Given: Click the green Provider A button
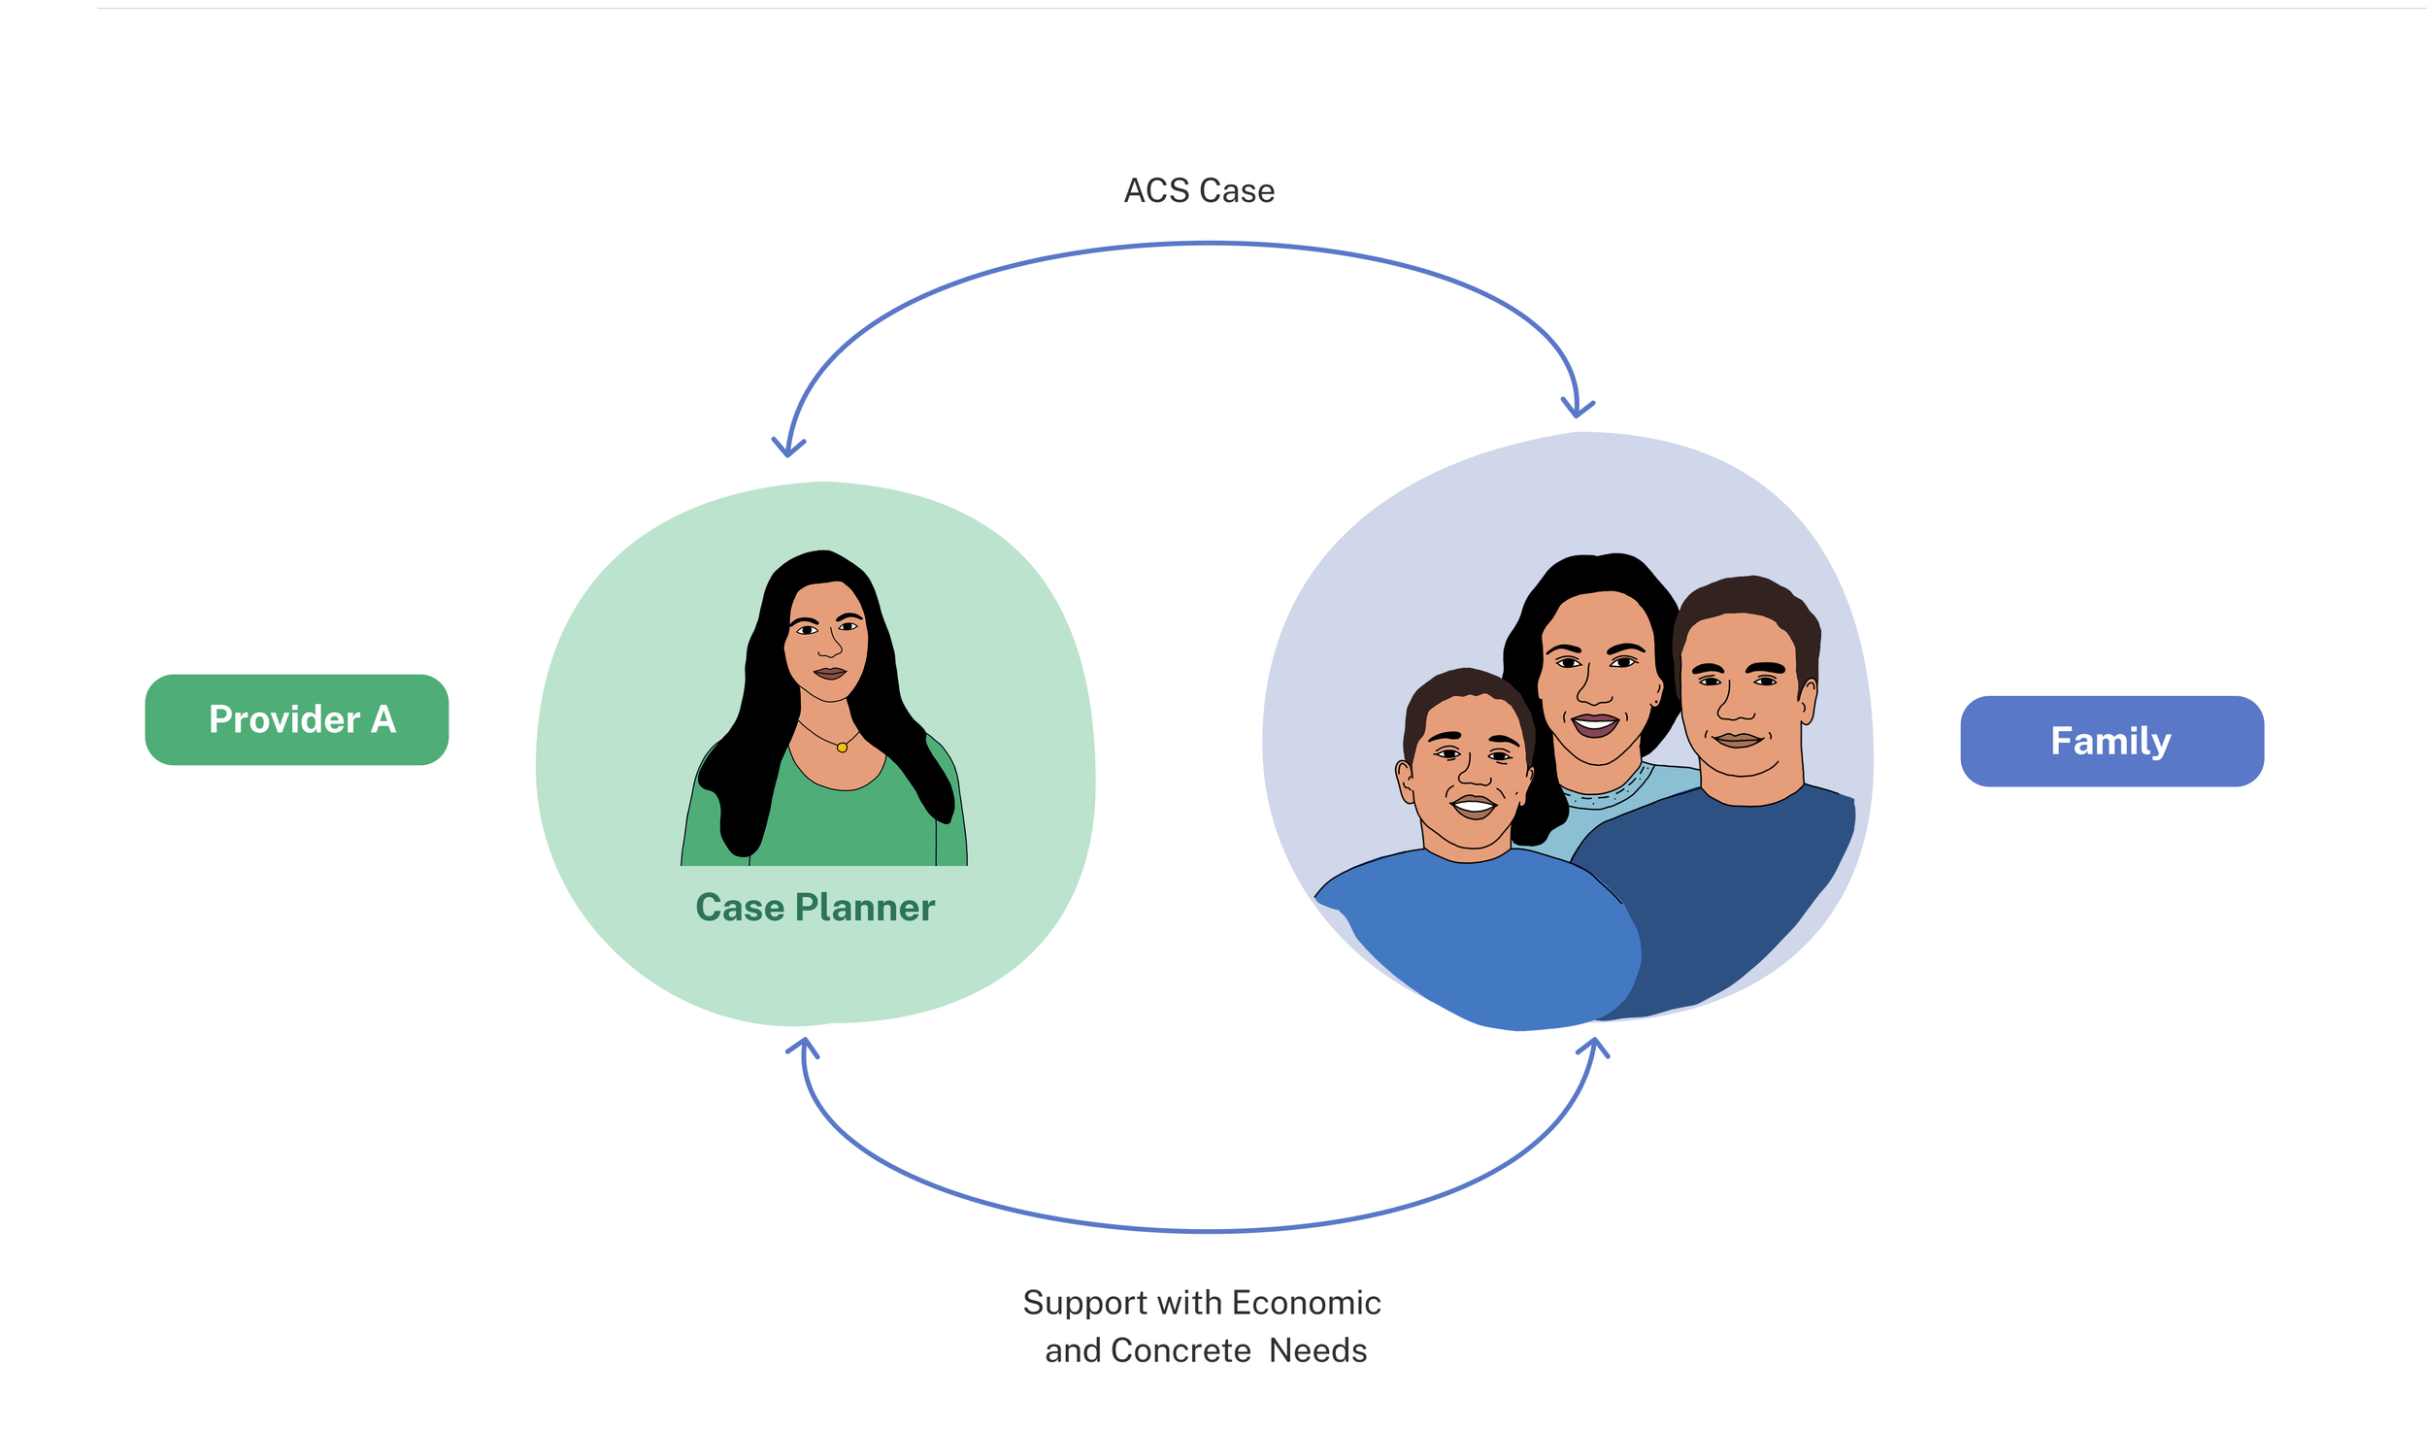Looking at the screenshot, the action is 296,719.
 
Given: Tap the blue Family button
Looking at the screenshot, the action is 2111,741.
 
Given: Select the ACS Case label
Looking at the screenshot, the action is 1199,190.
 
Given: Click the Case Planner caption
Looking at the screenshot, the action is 815,908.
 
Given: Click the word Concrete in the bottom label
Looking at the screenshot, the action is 1180,1350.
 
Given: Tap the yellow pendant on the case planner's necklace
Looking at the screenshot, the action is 842,748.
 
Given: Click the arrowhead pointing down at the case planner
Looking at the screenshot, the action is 788,446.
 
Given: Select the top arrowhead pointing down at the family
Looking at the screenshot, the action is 1578,407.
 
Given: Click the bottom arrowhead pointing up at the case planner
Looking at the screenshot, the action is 803,1048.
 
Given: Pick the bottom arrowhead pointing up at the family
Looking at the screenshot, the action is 1593,1048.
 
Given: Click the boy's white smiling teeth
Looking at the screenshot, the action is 1473,805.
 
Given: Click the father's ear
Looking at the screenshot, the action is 1808,701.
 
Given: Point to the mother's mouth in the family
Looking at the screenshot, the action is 1594,724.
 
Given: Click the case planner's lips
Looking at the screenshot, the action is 830,672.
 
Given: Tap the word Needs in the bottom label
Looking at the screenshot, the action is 1317,1350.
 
